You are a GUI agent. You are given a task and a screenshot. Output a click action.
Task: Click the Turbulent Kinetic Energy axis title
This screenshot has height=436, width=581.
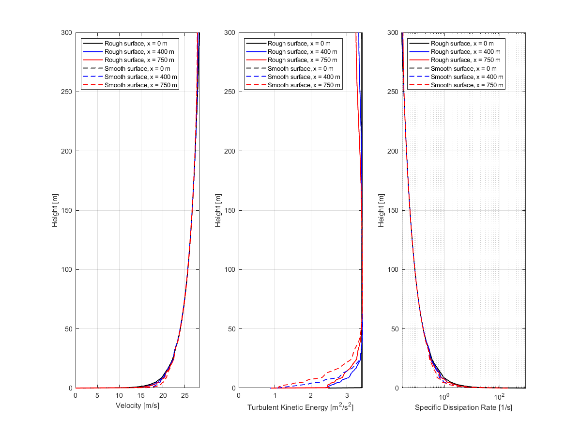pyautogui.click(x=300, y=407)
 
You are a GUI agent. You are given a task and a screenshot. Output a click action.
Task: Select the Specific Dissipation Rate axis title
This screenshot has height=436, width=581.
pyautogui.click(x=463, y=407)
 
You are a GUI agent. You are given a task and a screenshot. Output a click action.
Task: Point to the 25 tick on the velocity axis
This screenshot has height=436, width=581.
pyautogui.click(x=184, y=395)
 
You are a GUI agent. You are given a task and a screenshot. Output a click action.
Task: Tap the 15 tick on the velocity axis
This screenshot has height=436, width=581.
pyautogui.click(x=141, y=395)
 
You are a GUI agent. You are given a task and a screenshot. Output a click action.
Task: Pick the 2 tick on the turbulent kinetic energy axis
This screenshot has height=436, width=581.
pyautogui.click(x=311, y=395)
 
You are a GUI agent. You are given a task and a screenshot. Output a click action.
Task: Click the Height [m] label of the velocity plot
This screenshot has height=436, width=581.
pyautogui.click(x=56, y=210)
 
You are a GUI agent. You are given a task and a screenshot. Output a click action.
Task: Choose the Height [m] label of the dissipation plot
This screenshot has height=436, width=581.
pyautogui.click(x=382, y=210)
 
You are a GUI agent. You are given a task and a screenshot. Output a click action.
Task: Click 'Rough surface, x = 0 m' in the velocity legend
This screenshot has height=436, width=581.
pyautogui.click(x=136, y=44)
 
